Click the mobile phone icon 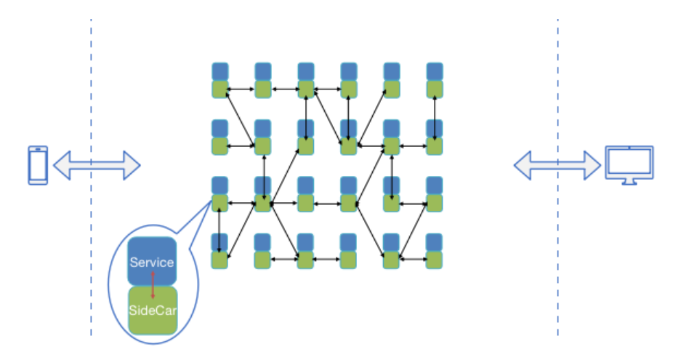pos(38,165)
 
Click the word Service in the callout pos(151,263)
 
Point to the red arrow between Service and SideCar pos(153,286)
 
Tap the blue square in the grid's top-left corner pos(220,72)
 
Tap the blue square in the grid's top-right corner pos(435,72)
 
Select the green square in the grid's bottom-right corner pos(435,259)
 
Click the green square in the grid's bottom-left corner pos(220,259)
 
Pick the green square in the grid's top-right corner pos(435,89)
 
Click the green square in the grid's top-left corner pos(220,89)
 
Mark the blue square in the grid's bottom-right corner pos(435,242)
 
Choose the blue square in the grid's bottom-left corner pos(220,242)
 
